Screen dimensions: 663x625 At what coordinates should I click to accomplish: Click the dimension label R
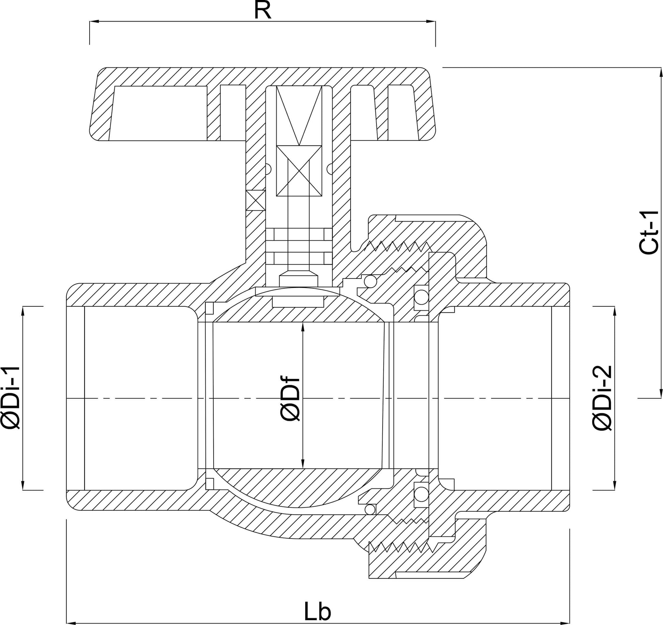[262, 10]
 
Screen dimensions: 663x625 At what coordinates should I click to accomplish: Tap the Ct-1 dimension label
[649, 233]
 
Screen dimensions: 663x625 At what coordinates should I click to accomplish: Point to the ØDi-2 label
[602, 398]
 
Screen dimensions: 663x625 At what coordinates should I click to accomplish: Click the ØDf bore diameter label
[290, 399]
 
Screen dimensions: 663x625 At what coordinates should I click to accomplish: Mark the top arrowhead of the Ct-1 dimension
[661, 72]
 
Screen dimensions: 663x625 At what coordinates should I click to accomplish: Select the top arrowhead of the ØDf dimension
[303, 327]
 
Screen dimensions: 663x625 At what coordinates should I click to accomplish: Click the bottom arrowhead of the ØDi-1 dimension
[23, 485]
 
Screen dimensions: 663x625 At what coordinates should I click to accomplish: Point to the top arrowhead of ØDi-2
[614, 311]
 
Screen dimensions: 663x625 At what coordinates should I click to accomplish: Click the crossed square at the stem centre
[299, 171]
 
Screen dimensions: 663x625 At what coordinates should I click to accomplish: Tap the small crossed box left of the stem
[256, 200]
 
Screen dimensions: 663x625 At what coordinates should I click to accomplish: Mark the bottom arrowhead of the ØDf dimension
[303, 464]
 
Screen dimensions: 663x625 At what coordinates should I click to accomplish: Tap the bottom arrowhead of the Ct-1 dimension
[661, 393]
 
